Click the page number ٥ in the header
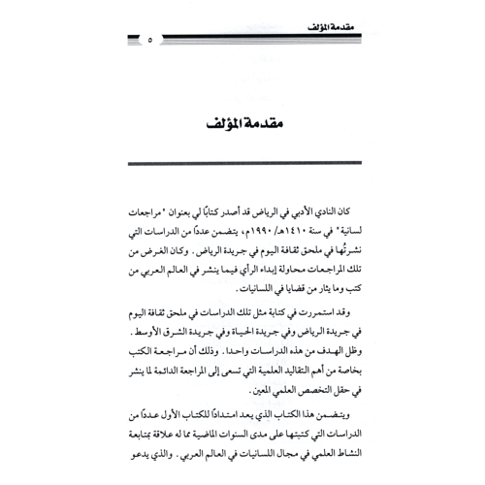[149, 40]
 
